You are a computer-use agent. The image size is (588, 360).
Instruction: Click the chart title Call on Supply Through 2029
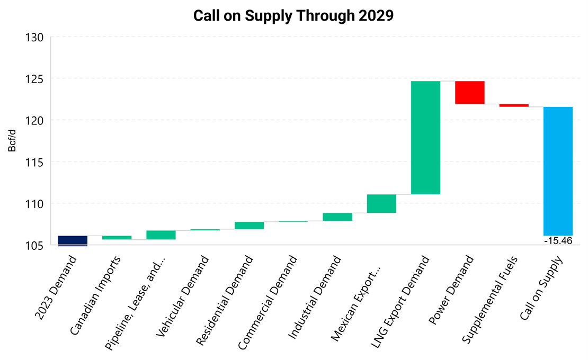pyautogui.click(x=293, y=15)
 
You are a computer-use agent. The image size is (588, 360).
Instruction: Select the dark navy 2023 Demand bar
pyautogui.click(x=73, y=240)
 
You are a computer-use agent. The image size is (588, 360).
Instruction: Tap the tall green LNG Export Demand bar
pyautogui.click(x=425, y=138)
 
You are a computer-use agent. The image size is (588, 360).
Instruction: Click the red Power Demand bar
pyautogui.click(x=469, y=92)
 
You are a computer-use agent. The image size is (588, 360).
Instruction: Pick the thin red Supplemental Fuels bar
pyautogui.click(x=513, y=105)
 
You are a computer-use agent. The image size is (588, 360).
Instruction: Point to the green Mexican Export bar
pyautogui.click(x=381, y=203)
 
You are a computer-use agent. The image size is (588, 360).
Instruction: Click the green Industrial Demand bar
pyautogui.click(x=337, y=217)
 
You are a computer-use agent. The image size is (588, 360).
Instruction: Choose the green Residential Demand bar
pyautogui.click(x=249, y=225)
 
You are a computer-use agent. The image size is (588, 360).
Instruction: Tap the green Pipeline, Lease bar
pyautogui.click(x=161, y=235)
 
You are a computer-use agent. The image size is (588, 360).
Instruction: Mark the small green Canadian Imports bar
pyautogui.click(x=117, y=238)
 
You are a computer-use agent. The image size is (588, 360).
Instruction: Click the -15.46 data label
pyautogui.click(x=558, y=240)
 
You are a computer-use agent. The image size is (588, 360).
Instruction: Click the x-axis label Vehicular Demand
pyautogui.click(x=183, y=297)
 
